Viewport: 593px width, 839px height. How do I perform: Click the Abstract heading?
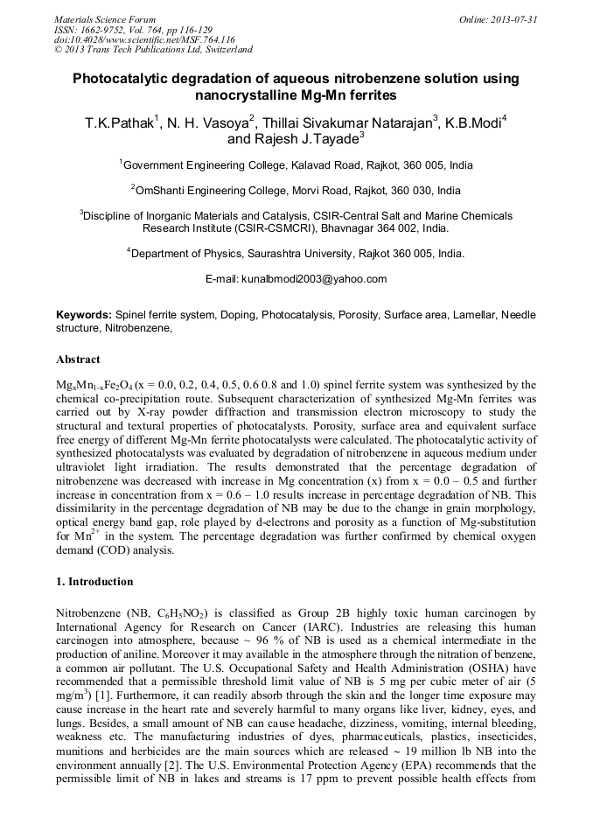(x=78, y=360)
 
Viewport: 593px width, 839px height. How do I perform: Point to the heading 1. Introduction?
(x=94, y=582)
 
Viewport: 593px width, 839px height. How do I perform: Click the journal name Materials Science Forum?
(x=105, y=19)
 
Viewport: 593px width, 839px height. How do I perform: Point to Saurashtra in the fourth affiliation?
(x=329, y=254)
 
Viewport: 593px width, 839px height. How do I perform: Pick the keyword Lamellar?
(x=473, y=314)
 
